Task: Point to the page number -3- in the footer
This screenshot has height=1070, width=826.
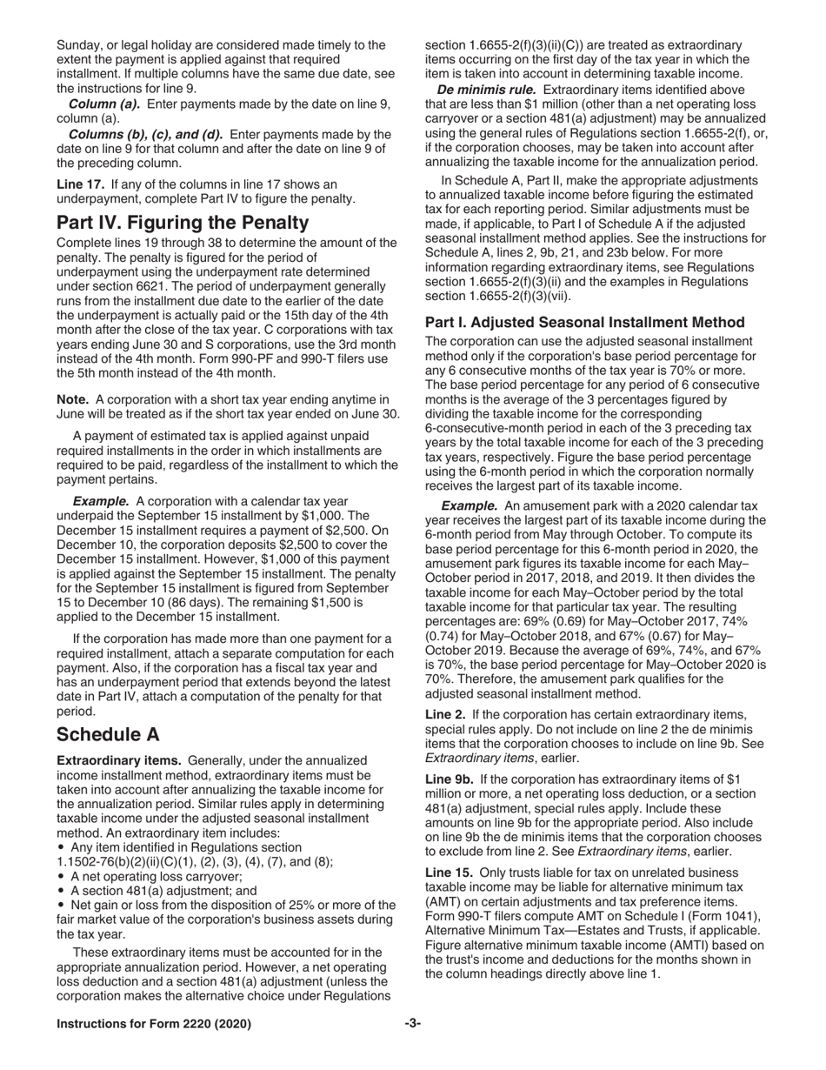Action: pyautogui.click(x=412, y=1024)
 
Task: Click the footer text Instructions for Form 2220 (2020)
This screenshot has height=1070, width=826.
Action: pyautogui.click(x=154, y=1024)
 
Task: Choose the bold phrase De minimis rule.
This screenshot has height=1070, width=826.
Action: pyautogui.click(x=486, y=90)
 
